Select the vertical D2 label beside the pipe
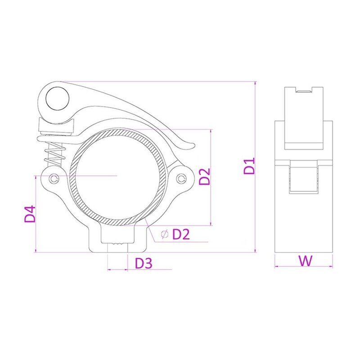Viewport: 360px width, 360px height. pyautogui.click(x=205, y=177)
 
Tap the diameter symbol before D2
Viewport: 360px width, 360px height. pyautogui.click(x=164, y=234)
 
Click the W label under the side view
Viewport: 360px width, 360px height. pyautogui.click(x=305, y=260)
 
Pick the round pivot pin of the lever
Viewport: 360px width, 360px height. pyautogui.click(x=58, y=97)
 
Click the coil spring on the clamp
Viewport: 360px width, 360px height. pyautogui.click(x=54, y=153)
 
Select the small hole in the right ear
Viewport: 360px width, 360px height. pyautogui.click(x=182, y=179)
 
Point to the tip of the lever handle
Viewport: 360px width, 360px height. pyautogui.click(x=191, y=144)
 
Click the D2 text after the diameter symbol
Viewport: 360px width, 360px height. pyautogui.click(x=182, y=234)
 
